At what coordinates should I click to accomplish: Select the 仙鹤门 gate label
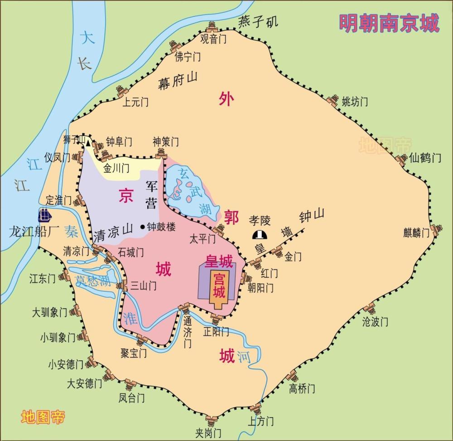click(x=424, y=158)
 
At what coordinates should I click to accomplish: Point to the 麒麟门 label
click(x=416, y=233)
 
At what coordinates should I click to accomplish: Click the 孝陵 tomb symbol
click(x=259, y=234)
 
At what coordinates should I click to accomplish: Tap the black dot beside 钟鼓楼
click(x=143, y=226)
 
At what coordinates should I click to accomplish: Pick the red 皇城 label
click(x=219, y=261)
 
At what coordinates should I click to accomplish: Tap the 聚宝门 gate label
click(x=134, y=353)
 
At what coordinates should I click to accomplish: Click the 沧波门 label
click(x=375, y=322)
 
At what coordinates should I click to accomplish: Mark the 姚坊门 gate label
click(x=355, y=102)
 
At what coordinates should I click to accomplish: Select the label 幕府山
click(x=178, y=81)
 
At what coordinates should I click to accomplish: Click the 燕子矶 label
click(x=259, y=21)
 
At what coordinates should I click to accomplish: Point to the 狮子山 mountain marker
click(x=85, y=142)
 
